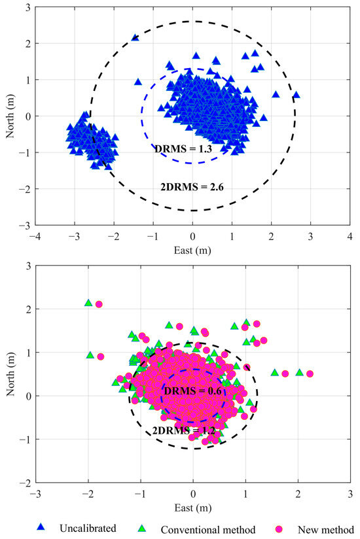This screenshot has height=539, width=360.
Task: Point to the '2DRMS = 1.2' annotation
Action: [183, 431]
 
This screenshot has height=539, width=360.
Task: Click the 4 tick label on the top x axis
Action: [350, 235]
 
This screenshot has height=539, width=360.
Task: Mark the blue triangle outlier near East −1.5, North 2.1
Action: [135, 38]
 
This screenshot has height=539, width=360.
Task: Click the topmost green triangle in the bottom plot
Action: [88, 303]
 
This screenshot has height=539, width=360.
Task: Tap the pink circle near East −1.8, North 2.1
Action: [99, 304]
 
